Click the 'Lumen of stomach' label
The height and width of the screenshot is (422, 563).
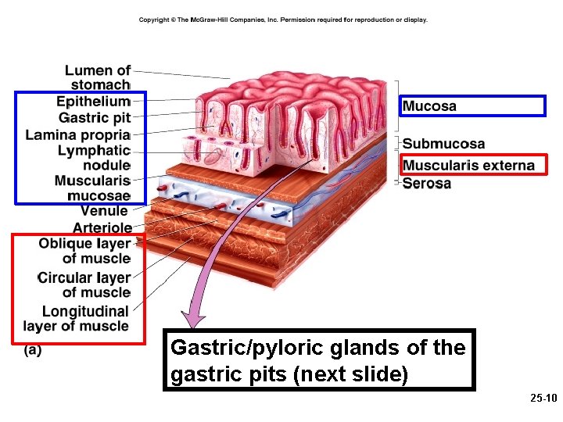tap(98, 77)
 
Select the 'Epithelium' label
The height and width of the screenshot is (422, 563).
tap(93, 102)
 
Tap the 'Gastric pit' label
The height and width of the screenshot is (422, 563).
tap(95, 118)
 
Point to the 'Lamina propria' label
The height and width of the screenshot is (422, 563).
tap(77, 134)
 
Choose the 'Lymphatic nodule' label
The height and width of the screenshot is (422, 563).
tap(94, 158)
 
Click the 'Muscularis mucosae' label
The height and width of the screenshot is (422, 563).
tap(92, 188)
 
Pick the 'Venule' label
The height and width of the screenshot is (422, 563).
tap(104, 210)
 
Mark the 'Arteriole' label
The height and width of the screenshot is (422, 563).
tap(102, 227)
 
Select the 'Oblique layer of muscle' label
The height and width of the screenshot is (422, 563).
tap(84, 251)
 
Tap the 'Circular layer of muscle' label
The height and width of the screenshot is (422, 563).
tap(84, 285)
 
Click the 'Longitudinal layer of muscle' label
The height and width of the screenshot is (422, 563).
tap(77, 319)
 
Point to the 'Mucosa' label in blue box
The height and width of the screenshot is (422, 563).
tap(429, 106)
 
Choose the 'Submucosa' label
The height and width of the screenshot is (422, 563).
tap(443, 145)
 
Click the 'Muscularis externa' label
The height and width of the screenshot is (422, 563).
tap(468, 165)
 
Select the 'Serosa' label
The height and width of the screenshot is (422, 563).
tap(427, 184)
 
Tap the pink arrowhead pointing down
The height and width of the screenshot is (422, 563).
tap(195, 319)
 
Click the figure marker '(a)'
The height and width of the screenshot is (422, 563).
tap(33, 351)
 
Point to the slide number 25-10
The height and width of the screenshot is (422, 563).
tap(543, 399)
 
